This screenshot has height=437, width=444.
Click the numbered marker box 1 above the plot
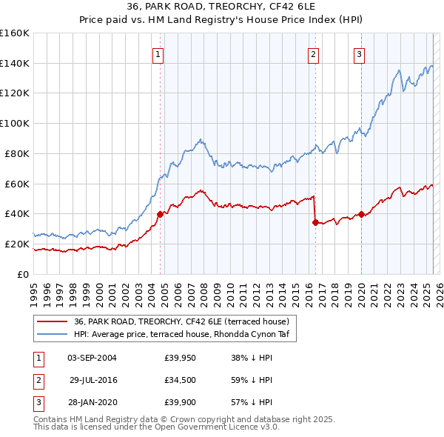pyautogui.click(x=159, y=53)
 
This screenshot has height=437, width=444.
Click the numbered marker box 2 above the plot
pyautogui.click(x=314, y=53)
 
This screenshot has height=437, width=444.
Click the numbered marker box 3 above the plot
pyautogui.click(x=360, y=53)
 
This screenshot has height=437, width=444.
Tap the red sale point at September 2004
pyautogui.click(x=160, y=213)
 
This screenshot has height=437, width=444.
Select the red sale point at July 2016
pyautogui.click(x=315, y=221)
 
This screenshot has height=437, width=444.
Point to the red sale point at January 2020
pyautogui.click(x=361, y=214)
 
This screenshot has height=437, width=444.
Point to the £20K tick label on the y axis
pyautogui.click(x=18, y=244)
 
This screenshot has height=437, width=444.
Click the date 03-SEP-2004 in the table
pyautogui.click(x=92, y=358)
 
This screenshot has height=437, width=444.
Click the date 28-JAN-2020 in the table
pyautogui.click(x=92, y=402)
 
